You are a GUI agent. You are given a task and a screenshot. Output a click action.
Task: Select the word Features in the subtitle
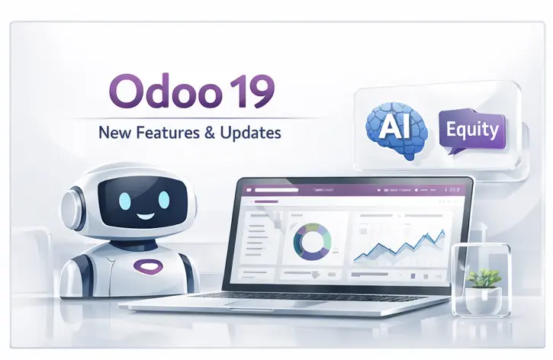(x=160, y=133)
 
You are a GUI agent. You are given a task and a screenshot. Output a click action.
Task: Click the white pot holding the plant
(x=482, y=300)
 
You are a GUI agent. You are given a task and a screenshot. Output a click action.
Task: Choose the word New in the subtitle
(x=113, y=133)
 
